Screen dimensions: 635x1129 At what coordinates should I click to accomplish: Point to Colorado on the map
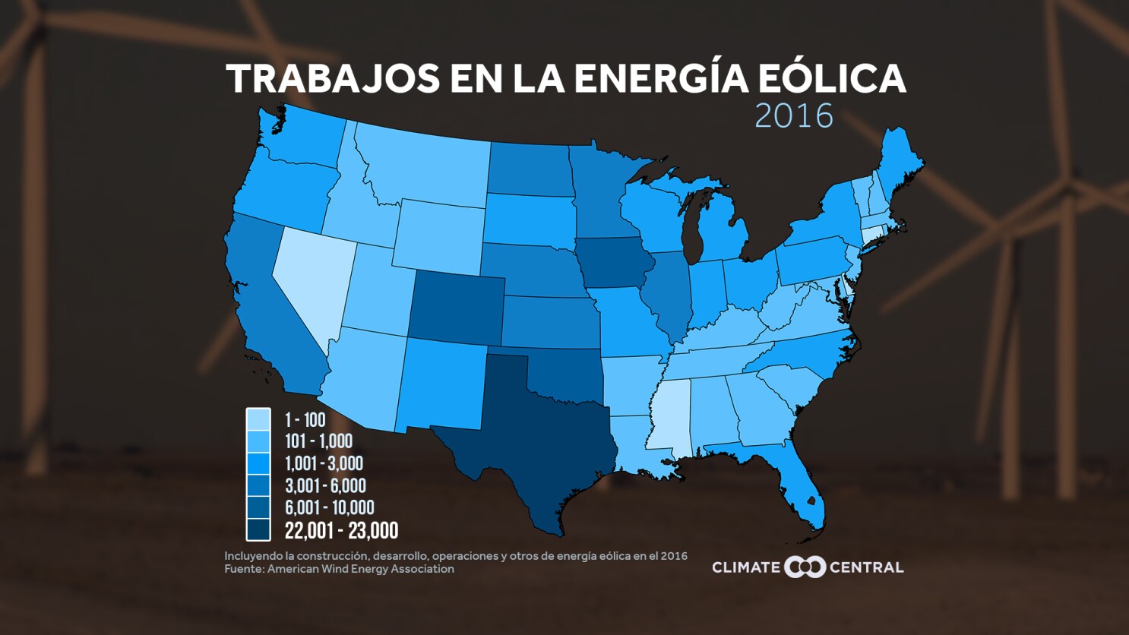[x=456, y=308]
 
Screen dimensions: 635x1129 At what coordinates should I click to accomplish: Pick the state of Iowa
[x=612, y=263]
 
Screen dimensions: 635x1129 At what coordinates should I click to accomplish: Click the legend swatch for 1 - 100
[x=258, y=419]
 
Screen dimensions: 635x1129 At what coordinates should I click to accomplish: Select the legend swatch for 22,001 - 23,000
[x=258, y=529]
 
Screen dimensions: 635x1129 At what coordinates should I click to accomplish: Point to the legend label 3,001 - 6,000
[x=325, y=485]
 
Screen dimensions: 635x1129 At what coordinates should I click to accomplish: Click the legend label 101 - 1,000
[x=318, y=441]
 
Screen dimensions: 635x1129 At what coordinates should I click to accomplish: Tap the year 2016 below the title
[x=794, y=116]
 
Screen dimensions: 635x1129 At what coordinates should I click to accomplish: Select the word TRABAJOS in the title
[x=333, y=79]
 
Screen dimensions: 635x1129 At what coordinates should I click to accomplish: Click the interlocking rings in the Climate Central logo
[x=805, y=567]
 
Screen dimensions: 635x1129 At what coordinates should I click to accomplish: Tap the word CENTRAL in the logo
[x=866, y=567]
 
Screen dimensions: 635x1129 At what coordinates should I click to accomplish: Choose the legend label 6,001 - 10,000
[x=329, y=507]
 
